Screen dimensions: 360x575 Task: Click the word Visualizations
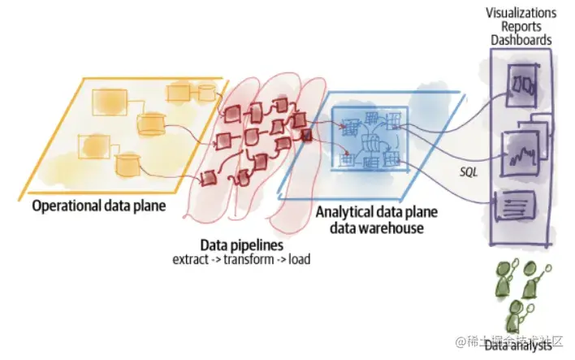coord(521,12)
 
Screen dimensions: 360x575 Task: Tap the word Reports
coord(521,26)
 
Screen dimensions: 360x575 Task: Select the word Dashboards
coord(521,39)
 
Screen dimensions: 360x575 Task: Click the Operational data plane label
coord(99,206)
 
